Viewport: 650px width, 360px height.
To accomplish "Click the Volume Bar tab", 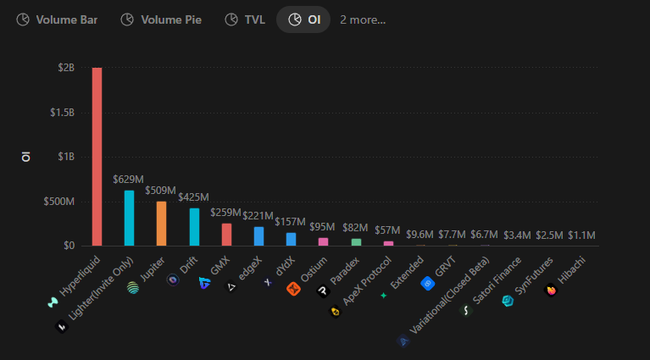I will pyautogui.click(x=57, y=19).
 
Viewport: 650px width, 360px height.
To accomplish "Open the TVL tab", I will pyautogui.click(x=245, y=19).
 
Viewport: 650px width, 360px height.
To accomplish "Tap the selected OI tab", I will pyautogui.click(x=304, y=19).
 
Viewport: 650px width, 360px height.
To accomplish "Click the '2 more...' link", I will pyautogui.click(x=363, y=19).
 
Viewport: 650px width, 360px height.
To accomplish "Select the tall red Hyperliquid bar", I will pyautogui.click(x=97, y=157).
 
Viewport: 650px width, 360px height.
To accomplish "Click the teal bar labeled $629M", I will pyautogui.click(x=130, y=219).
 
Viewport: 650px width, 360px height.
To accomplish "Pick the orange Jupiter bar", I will pyautogui.click(x=162, y=224).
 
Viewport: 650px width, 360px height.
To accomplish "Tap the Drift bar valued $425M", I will pyautogui.click(x=194, y=227).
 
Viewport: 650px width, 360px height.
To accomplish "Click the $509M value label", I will pyautogui.click(x=161, y=191).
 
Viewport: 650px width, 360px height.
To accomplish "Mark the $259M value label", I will pyautogui.click(x=225, y=212).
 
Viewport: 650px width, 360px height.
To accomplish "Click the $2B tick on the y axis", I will pyautogui.click(x=65, y=68).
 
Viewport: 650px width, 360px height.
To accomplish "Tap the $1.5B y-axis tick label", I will pyautogui.click(x=62, y=113).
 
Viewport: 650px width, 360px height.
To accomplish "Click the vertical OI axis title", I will pyautogui.click(x=26, y=157).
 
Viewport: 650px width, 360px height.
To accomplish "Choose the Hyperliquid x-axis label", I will pyautogui.click(x=78, y=276).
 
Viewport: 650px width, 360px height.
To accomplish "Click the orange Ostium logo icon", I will pyautogui.click(x=293, y=289).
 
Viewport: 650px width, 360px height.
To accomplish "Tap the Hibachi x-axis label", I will pyautogui.click(x=575, y=271).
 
